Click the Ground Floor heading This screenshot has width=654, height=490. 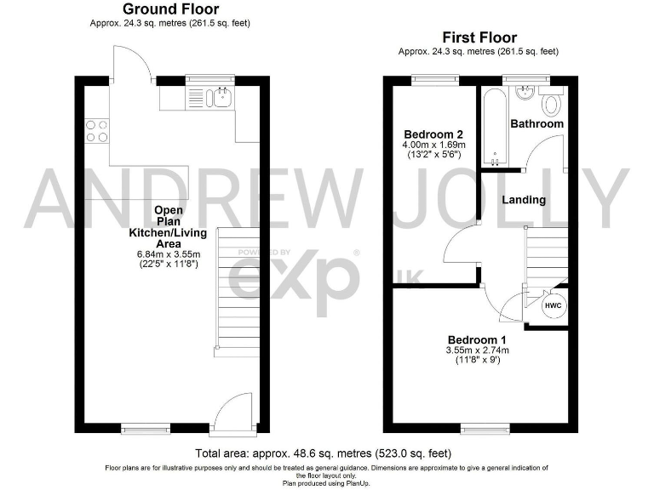pyautogui.click(x=170, y=9)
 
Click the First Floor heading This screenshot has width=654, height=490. pyautogui.click(x=479, y=37)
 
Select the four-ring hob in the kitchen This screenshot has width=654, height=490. pyautogui.click(x=96, y=130)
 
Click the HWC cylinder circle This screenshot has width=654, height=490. pyautogui.click(x=553, y=305)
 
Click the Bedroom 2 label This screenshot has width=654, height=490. pyautogui.click(x=433, y=134)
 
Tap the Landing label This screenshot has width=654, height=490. pyautogui.click(x=524, y=200)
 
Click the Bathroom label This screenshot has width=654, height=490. pyautogui.click(x=536, y=123)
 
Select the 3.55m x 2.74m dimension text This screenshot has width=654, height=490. pyautogui.click(x=477, y=350)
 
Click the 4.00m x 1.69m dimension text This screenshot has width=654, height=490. pyautogui.click(x=433, y=145)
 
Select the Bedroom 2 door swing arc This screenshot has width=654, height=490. pyautogui.click(x=458, y=242)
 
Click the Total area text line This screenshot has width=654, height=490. pyautogui.click(x=327, y=453)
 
